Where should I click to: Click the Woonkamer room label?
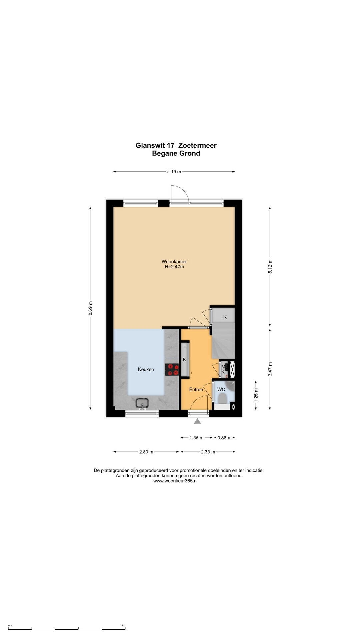coord(174,262)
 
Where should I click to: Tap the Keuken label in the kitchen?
coord(146,369)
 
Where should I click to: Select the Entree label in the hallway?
coord(196,389)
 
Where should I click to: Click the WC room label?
coord(221,389)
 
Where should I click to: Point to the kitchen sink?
coord(143,403)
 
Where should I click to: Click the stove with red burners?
coord(172,369)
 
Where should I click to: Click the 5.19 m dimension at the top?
coord(174,172)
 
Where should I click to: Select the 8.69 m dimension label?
coord(90,308)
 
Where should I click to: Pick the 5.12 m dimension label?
coord(270,267)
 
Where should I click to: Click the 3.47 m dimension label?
coord(270,369)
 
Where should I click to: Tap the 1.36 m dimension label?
coord(196,438)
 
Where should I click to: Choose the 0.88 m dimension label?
coord(224,438)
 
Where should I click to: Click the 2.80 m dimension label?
coord(146,452)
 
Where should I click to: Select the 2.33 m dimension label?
coord(208,452)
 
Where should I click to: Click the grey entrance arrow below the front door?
coord(197,421)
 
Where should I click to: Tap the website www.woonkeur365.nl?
coord(176,481)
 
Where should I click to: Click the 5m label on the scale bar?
coord(123,625)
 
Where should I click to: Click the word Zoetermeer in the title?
coord(197,145)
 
